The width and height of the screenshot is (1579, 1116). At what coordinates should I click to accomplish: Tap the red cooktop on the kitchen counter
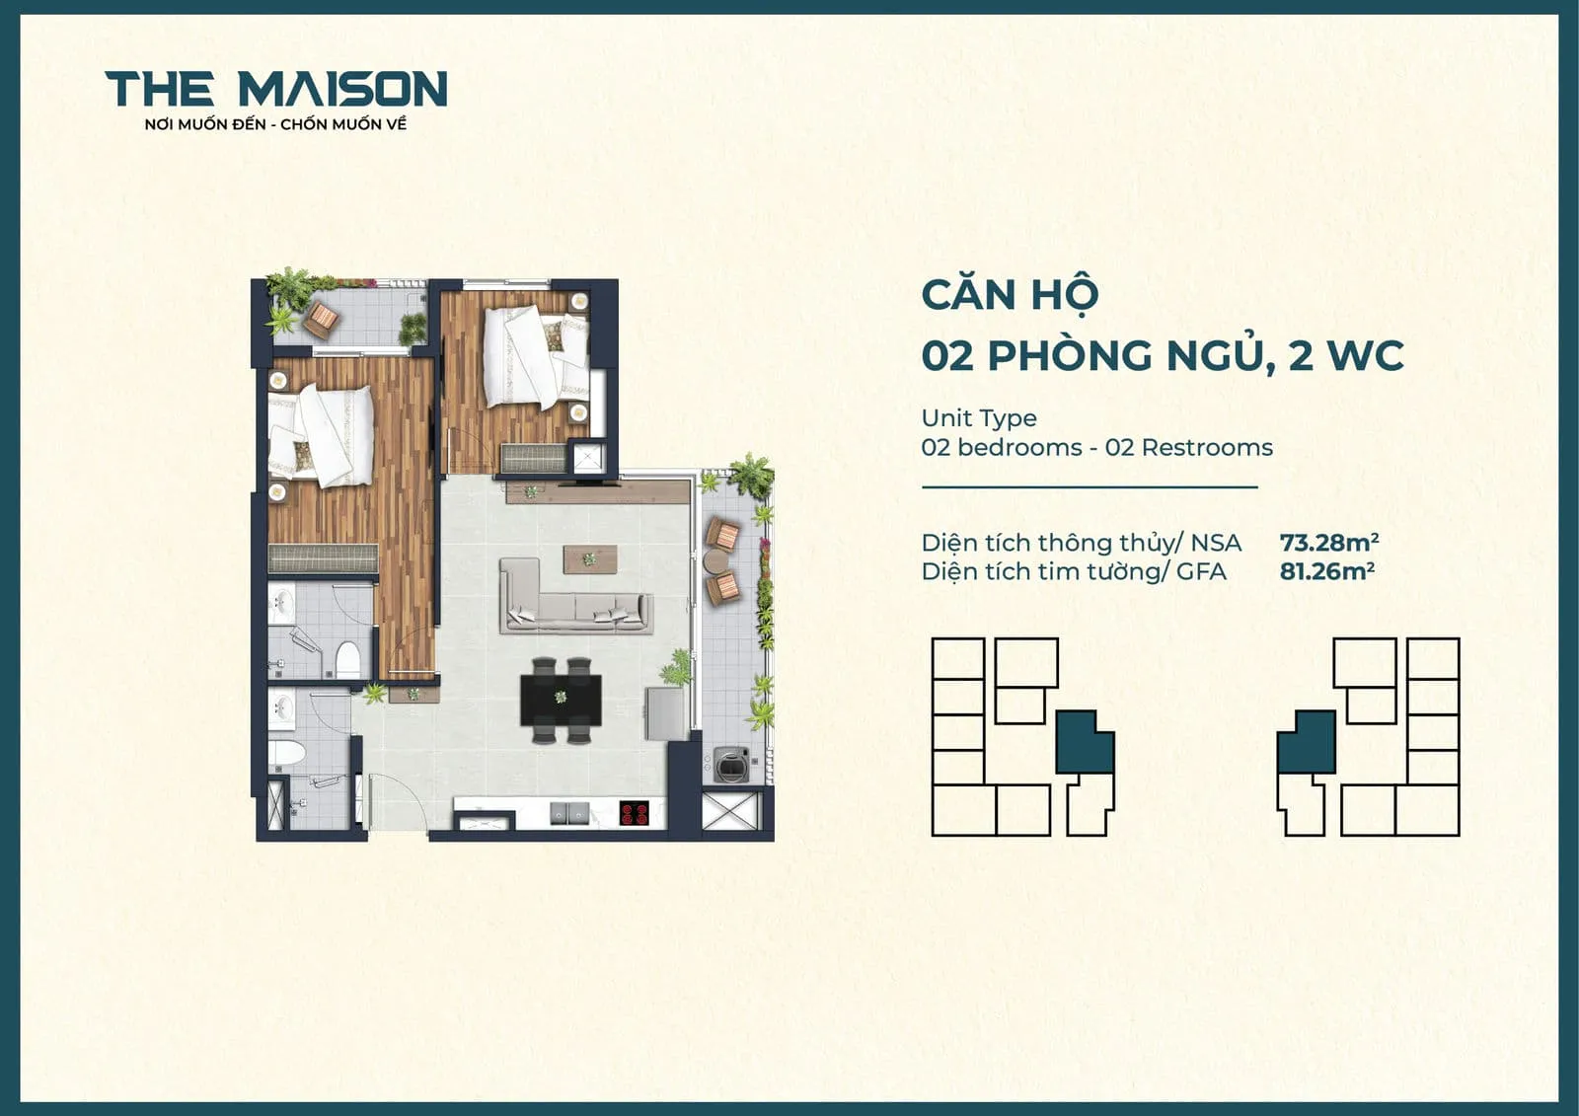point(634,814)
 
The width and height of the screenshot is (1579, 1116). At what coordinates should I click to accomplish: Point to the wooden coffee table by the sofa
point(590,558)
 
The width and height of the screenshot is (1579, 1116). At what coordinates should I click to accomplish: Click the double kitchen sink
point(570,813)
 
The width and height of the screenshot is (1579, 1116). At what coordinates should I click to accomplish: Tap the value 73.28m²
point(1328,542)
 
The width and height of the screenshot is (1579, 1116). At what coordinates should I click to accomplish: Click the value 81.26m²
point(1326,570)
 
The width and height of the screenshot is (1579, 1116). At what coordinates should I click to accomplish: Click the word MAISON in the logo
point(342,89)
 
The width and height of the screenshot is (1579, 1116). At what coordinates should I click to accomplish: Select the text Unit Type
point(978,417)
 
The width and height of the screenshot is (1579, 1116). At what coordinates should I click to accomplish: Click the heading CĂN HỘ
point(1009,295)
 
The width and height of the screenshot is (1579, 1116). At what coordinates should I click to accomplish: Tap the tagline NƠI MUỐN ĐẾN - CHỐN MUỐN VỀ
point(275,124)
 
